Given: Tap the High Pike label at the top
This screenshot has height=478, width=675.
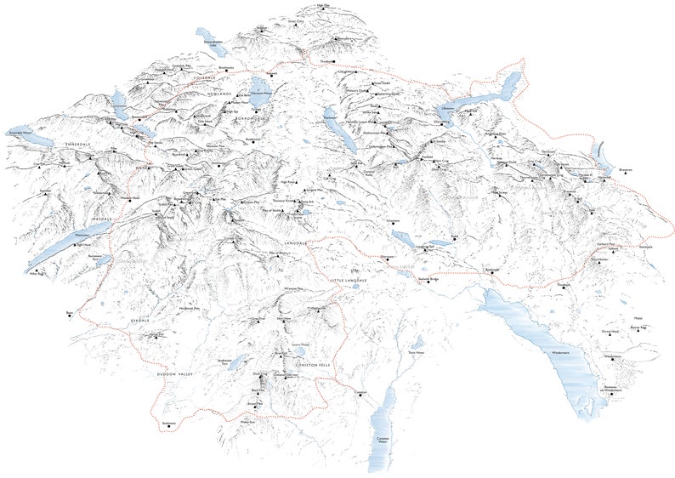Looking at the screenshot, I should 321,5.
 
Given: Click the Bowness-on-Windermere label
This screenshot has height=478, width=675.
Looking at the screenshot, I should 614,390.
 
